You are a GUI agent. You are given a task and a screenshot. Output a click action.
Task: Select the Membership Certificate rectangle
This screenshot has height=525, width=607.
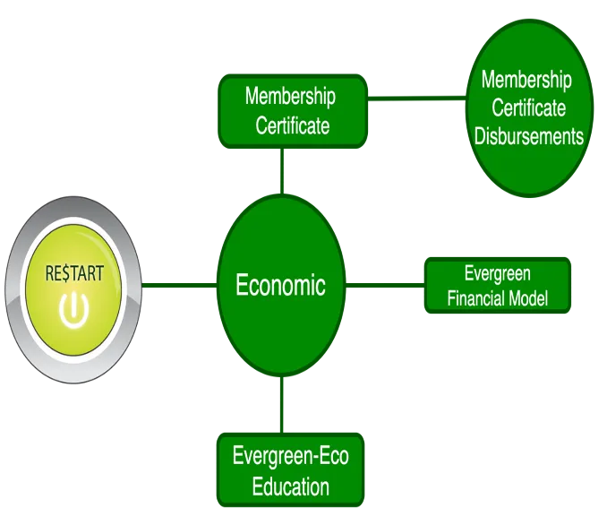pyautogui.click(x=292, y=111)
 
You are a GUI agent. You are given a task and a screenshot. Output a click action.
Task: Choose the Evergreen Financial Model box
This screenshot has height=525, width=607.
pyautogui.click(x=498, y=286)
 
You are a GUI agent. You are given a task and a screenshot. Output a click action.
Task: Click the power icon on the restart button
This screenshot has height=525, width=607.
pyautogui.click(x=73, y=309)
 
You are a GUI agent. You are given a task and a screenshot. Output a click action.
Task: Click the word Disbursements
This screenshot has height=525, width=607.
pyautogui.click(x=529, y=137)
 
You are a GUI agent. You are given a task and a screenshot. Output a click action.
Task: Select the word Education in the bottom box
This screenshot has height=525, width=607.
pyautogui.click(x=290, y=487)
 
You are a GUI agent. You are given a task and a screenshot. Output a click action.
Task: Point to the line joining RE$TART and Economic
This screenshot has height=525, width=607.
pyautogui.click(x=179, y=287)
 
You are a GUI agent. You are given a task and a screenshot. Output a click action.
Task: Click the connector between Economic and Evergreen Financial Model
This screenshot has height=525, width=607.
pyautogui.click(x=385, y=286)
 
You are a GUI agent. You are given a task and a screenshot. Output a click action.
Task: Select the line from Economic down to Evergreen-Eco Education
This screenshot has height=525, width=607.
pyautogui.click(x=282, y=405)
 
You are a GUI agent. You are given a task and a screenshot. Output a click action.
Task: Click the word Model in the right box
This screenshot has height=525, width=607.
pyautogui.click(x=527, y=298)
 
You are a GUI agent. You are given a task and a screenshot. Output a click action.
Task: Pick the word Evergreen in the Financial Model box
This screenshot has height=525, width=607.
pyautogui.click(x=498, y=274)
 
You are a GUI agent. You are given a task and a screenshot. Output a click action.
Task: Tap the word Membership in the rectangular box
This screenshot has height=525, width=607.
pyautogui.click(x=290, y=96)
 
